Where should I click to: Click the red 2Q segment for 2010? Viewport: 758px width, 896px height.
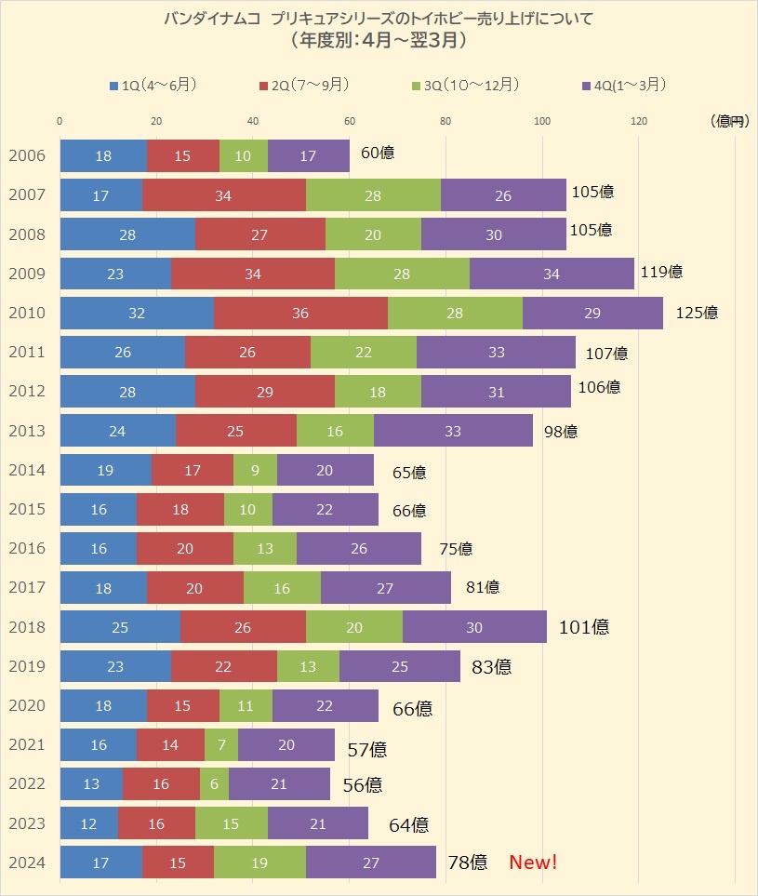pyautogui.click(x=300, y=313)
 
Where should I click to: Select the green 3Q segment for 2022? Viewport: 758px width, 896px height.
pyautogui.click(x=214, y=784)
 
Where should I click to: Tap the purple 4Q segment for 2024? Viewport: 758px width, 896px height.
pyautogui.click(x=371, y=863)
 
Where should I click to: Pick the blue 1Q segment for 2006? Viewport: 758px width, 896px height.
pyautogui.click(x=103, y=155)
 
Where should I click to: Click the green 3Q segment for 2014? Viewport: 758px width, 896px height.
pyautogui.click(x=255, y=471)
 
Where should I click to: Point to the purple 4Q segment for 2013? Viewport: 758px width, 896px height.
pyautogui.click(x=453, y=431)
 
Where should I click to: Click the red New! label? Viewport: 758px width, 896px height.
pyautogui.click(x=533, y=863)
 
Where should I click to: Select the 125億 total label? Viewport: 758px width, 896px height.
pyautogui.click(x=697, y=313)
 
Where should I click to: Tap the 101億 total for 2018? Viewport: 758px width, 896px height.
pyautogui.click(x=584, y=627)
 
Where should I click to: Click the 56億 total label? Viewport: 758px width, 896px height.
pyautogui.click(x=362, y=784)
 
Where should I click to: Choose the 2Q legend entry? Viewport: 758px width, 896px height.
pyautogui.click(x=303, y=86)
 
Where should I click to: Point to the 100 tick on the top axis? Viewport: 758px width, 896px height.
pyautogui.click(x=542, y=121)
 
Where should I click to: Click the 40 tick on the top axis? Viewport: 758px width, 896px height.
pyautogui.click(x=253, y=121)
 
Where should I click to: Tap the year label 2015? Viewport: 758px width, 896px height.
pyautogui.click(x=26, y=510)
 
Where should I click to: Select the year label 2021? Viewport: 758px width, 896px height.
pyautogui.click(x=26, y=745)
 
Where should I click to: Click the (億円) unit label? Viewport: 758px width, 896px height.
pyautogui.click(x=728, y=121)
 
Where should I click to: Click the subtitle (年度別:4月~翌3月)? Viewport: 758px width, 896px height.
pyautogui.click(x=378, y=41)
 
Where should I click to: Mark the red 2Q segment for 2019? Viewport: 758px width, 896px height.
pyautogui.click(x=223, y=666)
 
